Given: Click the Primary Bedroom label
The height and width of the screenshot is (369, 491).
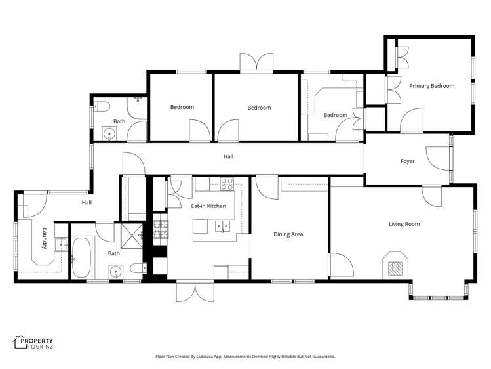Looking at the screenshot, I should (x=431, y=86).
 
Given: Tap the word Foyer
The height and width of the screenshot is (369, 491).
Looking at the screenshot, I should (x=408, y=161).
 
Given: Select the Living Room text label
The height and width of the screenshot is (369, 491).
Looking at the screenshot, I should (x=404, y=224).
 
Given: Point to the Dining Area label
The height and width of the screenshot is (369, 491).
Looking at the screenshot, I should (x=288, y=234).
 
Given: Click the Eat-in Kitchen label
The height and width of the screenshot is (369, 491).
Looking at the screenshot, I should (x=208, y=206).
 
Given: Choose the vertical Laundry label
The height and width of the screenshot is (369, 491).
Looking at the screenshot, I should (x=45, y=238).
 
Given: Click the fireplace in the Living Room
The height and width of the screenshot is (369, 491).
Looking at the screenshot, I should (x=394, y=266).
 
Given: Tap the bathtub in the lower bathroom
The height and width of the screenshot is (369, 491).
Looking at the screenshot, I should (x=81, y=257).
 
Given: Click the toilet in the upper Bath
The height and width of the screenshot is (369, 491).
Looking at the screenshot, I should (x=102, y=108).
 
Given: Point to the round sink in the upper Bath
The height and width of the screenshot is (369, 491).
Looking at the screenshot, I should (x=109, y=134).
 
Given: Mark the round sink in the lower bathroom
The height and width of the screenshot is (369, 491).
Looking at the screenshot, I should (x=117, y=271).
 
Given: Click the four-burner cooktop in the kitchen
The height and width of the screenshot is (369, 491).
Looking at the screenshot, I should (x=227, y=184).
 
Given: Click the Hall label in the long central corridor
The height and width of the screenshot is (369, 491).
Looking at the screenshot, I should (x=228, y=156).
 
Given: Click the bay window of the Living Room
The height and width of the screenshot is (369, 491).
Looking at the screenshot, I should (x=439, y=293).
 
